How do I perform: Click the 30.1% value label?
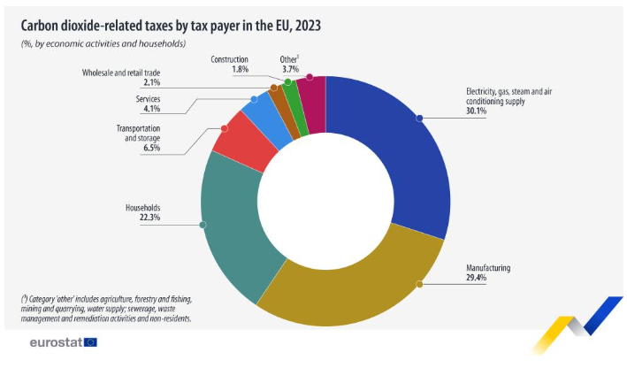pos(478,111)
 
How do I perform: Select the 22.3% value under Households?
pos(149,217)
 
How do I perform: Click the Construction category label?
pos(229,58)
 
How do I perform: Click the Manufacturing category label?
pos(489,267)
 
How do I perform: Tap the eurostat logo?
pos(63,341)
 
